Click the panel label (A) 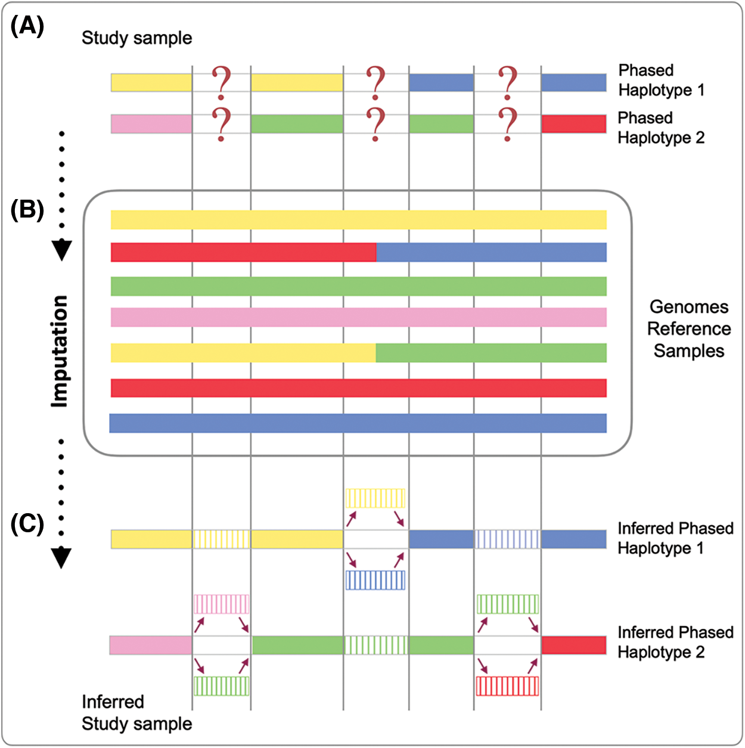pyautogui.click(x=27, y=27)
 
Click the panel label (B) pyautogui.click(x=27, y=210)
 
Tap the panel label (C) pyautogui.click(x=27, y=524)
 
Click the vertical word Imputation pyautogui.click(x=60, y=352)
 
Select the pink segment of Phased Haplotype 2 pyautogui.click(x=151, y=124)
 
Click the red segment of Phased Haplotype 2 pyautogui.click(x=573, y=124)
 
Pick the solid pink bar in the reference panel pyautogui.click(x=358, y=317)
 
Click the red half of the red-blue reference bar pyautogui.click(x=243, y=252)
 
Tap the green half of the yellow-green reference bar pyautogui.click(x=491, y=353)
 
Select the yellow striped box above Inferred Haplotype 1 pyautogui.click(x=375, y=498)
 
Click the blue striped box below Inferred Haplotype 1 pyautogui.click(x=375, y=580)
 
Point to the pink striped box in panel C pyautogui.click(x=221, y=604)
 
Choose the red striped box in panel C pyautogui.click(x=507, y=686)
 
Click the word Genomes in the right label pyautogui.click(x=689, y=307)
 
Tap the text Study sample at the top pyautogui.click(x=136, y=38)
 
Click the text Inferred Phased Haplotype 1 pyautogui.click(x=675, y=538)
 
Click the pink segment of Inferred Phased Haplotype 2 pyautogui.click(x=151, y=645)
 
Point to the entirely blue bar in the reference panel pyautogui.click(x=358, y=423)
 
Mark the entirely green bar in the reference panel pyautogui.click(x=358, y=286)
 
